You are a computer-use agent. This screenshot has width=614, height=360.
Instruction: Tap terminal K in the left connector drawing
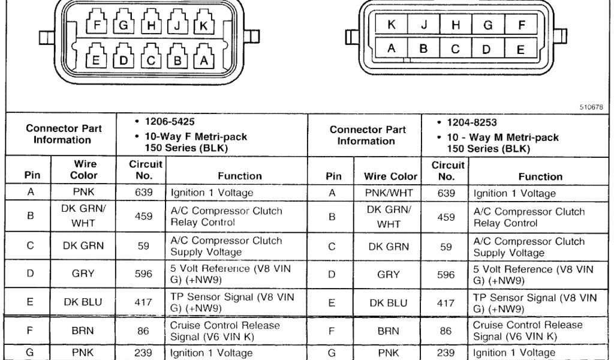203,26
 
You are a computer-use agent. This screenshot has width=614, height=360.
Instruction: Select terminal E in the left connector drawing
97,60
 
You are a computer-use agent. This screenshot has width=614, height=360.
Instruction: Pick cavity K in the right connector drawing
392,25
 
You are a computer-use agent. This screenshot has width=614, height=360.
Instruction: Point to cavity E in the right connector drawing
520,49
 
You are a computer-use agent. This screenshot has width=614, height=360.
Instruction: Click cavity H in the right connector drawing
456,25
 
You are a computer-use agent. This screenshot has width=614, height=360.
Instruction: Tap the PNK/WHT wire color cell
388,193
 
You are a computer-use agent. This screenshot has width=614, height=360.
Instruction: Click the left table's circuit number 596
143,274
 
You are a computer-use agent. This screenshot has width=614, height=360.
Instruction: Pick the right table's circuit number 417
446,303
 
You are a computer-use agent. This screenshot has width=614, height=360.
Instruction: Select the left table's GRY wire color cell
83,274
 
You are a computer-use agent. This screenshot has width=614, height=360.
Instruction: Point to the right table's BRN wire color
388,330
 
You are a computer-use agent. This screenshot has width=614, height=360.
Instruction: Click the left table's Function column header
239,176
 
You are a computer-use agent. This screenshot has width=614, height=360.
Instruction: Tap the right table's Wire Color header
390,176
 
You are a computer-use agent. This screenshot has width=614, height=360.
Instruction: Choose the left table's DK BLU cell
83,302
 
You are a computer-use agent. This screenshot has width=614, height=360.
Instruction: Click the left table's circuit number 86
143,330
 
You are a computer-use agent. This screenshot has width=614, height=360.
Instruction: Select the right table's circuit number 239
446,353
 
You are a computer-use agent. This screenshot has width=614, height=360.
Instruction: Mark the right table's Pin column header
333,176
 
